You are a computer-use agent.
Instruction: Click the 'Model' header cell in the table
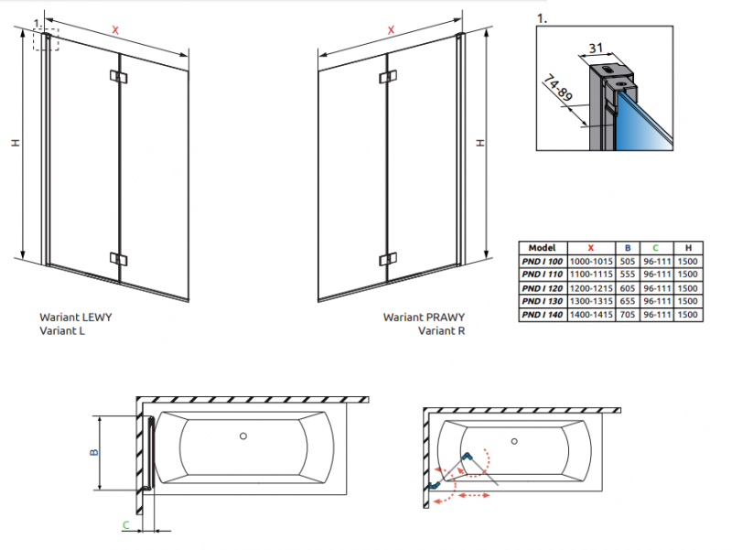coord(543,247)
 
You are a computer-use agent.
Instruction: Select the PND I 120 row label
coord(543,287)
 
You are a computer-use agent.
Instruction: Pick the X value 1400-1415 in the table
coord(591,314)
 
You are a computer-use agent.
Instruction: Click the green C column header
coord(654,247)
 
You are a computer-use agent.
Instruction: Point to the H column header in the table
coord(687,247)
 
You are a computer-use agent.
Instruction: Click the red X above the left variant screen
coord(115,29)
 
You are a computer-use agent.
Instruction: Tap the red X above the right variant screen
coord(392,29)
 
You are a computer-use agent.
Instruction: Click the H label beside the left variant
coord(15,144)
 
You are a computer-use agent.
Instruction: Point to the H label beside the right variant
coord(482,144)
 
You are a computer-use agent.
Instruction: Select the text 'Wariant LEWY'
coord(75,318)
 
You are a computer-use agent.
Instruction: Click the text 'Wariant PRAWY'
coord(424,318)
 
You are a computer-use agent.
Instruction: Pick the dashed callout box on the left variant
coord(47,39)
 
